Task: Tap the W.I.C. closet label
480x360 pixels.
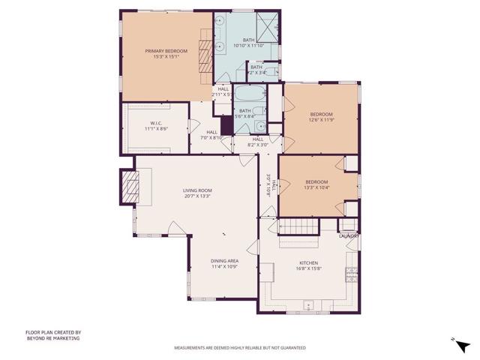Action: (155, 124)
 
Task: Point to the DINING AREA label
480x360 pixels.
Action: (224, 260)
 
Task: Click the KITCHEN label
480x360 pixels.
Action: (309, 263)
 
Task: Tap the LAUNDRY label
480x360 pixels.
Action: (349, 236)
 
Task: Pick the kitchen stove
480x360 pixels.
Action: (350, 274)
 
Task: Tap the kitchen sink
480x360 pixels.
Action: (307, 307)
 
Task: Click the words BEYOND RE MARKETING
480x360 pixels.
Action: (52, 338)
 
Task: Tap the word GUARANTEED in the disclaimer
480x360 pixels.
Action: (290, 348)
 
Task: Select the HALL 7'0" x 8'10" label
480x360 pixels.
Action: (211, 135)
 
